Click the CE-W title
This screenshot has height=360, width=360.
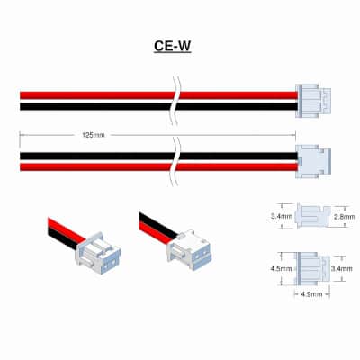point(173,47)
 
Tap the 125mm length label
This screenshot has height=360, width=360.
point(94,135)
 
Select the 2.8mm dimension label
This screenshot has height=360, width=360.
point(345,217)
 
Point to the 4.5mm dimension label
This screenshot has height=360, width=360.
point(281,269)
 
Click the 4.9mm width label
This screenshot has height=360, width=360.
point(311,294)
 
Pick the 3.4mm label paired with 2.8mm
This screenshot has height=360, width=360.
point(282,216)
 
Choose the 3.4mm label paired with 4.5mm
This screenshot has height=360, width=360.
point(342,269)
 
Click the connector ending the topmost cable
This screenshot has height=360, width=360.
point(313,101)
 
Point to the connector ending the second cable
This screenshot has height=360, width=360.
point(313,161)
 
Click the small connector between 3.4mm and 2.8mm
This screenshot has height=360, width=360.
point(312,216)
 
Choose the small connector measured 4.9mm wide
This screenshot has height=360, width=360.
point(312,268)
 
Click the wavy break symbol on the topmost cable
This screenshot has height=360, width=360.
point(175,101)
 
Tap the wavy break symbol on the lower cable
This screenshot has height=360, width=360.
point(175,162)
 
